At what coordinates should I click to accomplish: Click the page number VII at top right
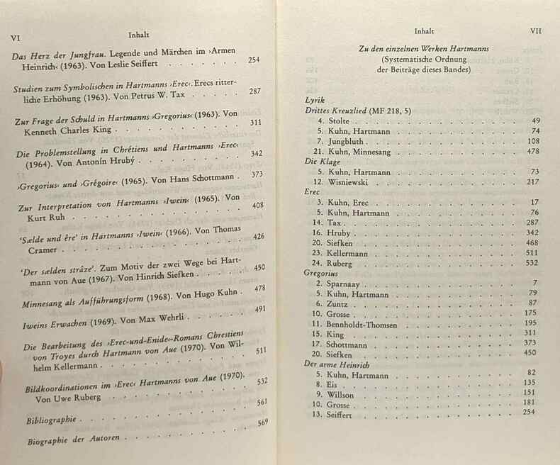click(x=537, y=31)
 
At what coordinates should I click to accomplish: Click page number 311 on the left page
click(x=256, y=122)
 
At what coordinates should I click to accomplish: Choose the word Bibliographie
click(x=51, y=420)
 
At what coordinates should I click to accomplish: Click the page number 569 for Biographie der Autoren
click(x=262, y=422)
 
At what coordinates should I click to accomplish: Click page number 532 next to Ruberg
click(x=532, y=262)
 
